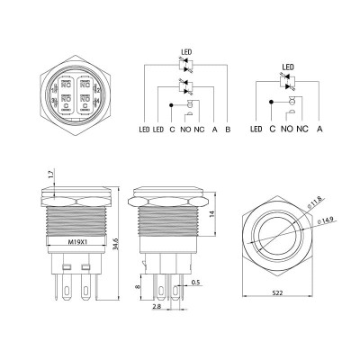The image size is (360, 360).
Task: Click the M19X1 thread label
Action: [x=58, y=241]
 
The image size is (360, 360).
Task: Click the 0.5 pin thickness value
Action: [x=195, y=283]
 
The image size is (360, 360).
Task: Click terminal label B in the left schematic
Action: [x=228, y=130]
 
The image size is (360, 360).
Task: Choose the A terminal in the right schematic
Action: [x=319, y=130]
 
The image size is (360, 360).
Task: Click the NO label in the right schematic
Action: [x=287, y=130]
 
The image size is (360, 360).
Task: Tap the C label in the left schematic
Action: [x=172, y=130]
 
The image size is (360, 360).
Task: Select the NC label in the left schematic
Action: [x=199, y=130]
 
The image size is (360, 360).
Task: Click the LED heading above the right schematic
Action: [x=288, y=66]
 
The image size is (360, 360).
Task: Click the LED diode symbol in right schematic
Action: [x=288, y=79]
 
